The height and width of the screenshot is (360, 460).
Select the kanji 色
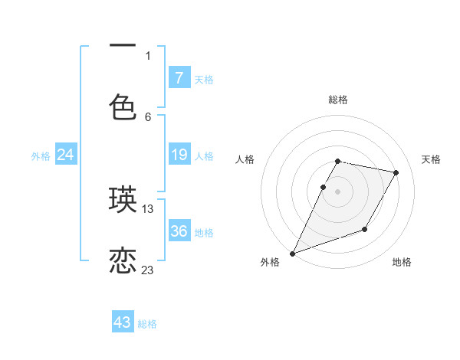pos(123,107)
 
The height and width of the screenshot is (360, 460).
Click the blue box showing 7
pos(179,77)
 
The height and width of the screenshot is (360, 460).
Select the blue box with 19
pos(179,155)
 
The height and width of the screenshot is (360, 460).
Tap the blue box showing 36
pos(179,231)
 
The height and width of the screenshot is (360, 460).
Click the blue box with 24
pos(66,155)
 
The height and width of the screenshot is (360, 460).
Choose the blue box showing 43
pos(123,322)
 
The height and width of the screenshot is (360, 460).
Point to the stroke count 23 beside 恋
pos(148,270)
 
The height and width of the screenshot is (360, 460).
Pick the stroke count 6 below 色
pos(148,116)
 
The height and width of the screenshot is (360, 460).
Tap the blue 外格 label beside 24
pos(41,155)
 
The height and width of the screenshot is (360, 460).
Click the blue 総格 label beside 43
pos(147,324)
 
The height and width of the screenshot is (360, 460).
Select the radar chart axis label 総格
pos(338,100)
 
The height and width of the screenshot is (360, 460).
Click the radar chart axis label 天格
pos(432,159)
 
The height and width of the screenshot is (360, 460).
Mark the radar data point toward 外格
pos(292,254)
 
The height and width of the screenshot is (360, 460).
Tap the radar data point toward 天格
pos(396,173)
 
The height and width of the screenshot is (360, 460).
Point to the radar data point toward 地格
pos(365,229)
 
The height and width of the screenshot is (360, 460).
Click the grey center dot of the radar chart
pos(338,191)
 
